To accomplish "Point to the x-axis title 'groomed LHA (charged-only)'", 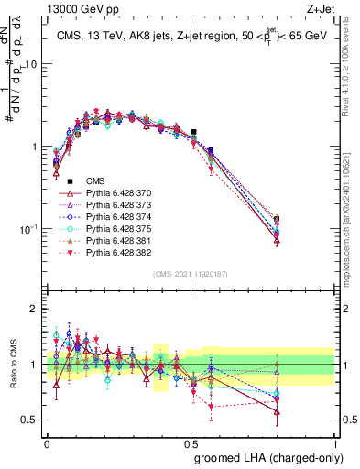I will click(x=264, y=456).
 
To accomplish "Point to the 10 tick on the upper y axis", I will click(x=31, y=64).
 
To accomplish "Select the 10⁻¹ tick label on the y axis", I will click(x=27, y=228).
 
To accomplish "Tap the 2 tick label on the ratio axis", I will click(x=34, y=310).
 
